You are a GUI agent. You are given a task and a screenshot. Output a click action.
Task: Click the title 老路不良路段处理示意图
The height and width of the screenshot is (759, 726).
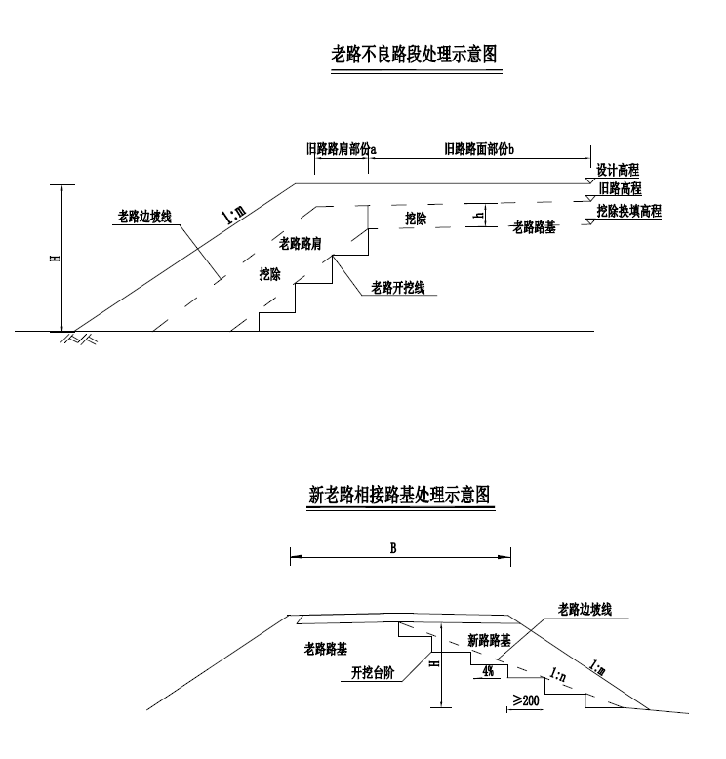pos(414,54)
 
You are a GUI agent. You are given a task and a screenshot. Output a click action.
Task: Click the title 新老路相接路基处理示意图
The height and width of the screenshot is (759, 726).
pos(400,495)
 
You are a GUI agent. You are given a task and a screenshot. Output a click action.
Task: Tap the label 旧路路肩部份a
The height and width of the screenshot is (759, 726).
pos(342,149)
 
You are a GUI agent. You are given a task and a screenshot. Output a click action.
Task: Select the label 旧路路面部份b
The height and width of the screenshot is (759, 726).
pos(479,149)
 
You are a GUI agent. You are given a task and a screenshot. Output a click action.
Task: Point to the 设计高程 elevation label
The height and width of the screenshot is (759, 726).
pos(618,170)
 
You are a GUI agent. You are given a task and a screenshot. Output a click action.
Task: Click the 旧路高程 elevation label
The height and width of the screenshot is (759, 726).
pos(620,188)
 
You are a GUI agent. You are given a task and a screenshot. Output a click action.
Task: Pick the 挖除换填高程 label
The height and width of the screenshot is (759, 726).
pos(628,211)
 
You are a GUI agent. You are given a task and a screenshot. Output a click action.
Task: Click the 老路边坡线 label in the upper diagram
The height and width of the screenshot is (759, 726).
pos(144,217)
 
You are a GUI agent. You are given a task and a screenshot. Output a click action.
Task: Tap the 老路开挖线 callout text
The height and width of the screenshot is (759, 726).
pos(398,288)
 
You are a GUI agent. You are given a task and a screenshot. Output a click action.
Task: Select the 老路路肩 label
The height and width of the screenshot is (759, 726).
pos(301,243)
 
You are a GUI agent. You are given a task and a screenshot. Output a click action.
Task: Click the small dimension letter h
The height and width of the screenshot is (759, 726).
pos(479,216)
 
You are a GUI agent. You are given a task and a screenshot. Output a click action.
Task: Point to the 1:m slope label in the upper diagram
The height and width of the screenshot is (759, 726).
pos(234,215)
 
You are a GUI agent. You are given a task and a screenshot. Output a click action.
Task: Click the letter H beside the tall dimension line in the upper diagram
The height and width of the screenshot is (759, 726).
pos(56,257)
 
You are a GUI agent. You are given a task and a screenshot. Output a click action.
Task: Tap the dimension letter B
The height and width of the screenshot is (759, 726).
pos(393,548)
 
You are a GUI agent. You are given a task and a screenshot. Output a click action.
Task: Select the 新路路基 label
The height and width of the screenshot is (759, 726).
pos(489,640)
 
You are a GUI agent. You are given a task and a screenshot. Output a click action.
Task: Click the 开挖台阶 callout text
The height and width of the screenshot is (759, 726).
pos(373,672)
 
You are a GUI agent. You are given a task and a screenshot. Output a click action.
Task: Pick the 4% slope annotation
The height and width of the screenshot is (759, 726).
pos(488,671)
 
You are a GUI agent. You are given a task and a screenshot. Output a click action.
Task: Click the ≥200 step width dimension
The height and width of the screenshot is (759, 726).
pos(526,699)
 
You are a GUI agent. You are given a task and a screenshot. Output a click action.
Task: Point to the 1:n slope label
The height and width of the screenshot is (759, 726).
pos(558,674)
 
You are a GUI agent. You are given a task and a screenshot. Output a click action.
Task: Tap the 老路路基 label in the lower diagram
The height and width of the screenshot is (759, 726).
pos(326,649)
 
